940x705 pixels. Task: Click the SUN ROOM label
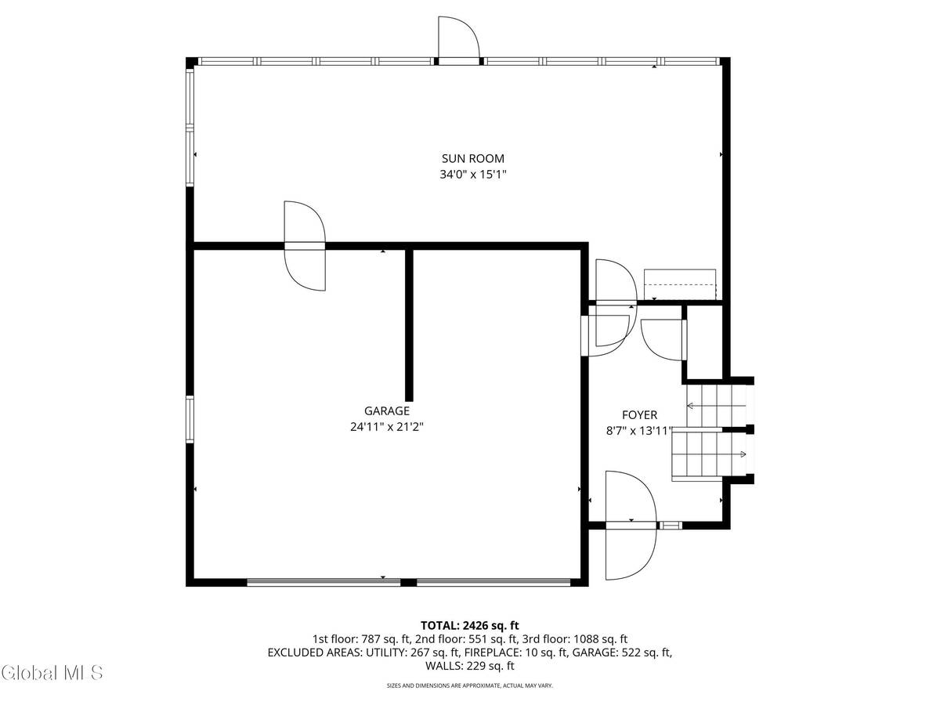click(x=472, y=158)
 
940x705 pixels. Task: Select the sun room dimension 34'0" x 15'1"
click(x=472, y=175)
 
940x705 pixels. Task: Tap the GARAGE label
click(x=386, y=410)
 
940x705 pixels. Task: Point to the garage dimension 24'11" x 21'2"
click(x=386, y=427)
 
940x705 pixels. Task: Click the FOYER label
click(x=639, y=415)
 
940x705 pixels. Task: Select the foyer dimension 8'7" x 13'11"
click(x=639, y=430)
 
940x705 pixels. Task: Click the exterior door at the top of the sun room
click(x=457, y=43)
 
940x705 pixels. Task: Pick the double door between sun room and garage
click(x=304, y=246)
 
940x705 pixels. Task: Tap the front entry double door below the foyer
click(x=631, y=525)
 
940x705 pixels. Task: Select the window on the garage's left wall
click(x=190, y=420)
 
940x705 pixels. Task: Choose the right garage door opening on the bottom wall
click(x=493, y=582)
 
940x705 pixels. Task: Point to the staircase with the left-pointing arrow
click(x=714, y=405)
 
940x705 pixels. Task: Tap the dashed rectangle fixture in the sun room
click(x=680, y=284)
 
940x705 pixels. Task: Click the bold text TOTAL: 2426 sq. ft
click(x=470, y=625)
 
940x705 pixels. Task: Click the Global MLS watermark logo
click(x=52, y=672)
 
